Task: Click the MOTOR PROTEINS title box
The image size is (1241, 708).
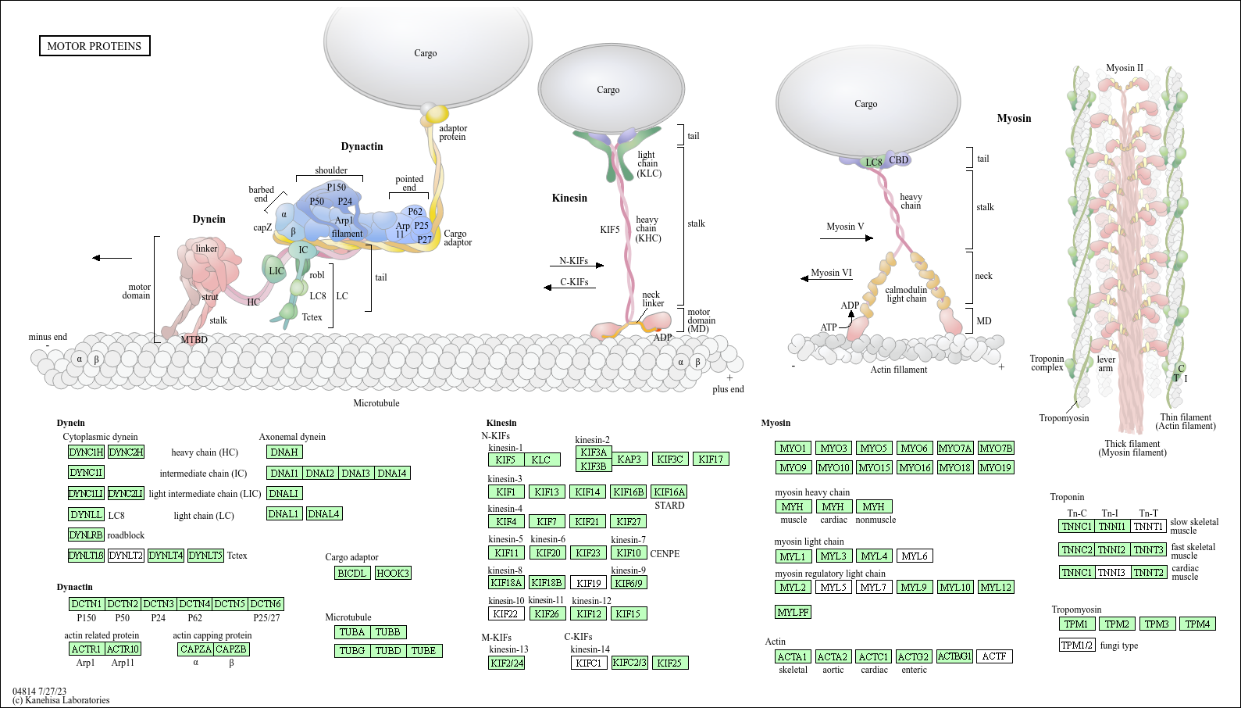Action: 95,46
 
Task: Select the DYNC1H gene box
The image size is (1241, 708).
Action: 86,452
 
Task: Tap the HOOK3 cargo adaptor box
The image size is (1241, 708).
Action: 392,573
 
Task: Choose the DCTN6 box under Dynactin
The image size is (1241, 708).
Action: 266,604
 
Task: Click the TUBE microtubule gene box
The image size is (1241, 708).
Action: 423,650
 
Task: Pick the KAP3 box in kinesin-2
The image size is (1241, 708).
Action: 629,459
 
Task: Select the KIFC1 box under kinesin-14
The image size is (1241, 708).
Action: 589,663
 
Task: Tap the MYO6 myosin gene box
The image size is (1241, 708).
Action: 914,448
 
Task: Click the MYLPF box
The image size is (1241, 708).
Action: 793,612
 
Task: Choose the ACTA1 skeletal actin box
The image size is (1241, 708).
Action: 793,656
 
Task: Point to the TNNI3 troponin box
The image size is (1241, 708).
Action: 1111,572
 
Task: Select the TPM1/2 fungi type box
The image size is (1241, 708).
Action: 1077,645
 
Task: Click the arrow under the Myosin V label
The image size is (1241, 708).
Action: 847,238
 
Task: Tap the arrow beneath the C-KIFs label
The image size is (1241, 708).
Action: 569,288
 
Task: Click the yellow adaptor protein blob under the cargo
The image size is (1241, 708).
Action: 436,114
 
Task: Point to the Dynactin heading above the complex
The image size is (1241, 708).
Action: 362,146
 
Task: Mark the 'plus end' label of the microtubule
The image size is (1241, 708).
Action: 728,389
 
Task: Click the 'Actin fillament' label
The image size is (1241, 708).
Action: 899,370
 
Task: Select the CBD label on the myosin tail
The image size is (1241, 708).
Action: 899,160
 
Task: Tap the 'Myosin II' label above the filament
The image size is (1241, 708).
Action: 1124,68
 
